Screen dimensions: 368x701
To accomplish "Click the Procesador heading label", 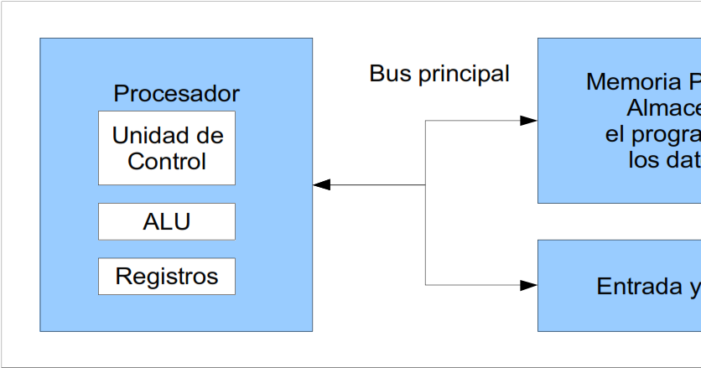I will point(176,93).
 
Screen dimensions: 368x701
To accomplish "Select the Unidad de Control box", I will point(167,148).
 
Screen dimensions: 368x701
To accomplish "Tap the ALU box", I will point(167,221).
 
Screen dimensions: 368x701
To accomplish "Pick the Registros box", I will point(167,276).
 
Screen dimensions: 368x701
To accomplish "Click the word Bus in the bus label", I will point(387,74).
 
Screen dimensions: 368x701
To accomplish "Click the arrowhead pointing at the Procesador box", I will point(321,184).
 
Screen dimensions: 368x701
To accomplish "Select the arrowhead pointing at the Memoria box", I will point(528,121).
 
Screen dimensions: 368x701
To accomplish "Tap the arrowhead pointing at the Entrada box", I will point(528,285).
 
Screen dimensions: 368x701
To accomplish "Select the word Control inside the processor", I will point(167,161).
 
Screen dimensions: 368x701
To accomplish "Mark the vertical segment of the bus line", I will point(426,235).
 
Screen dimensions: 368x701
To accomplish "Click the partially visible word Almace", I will point(663,108).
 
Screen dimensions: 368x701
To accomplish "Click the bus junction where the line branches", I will point(426,184).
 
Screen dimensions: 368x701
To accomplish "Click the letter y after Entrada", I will point(694,288).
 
